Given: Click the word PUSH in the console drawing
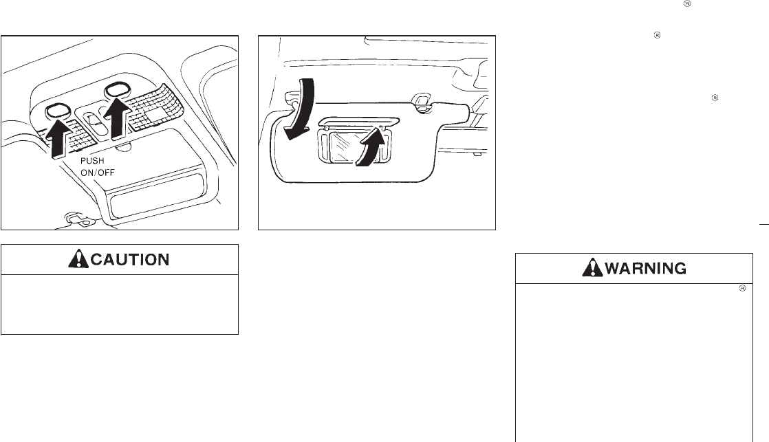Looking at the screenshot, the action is click(x=92, y=161).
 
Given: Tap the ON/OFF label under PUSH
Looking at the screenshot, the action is click(x=98, y=173).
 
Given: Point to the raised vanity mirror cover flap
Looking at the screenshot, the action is click(x=358, y=122).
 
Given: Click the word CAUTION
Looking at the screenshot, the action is click(x=130, y=259).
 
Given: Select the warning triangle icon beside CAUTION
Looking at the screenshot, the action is click(x=78, y=258).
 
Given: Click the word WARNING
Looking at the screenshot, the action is click(x=645, y=268).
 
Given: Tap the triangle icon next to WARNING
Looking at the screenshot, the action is click(x=592, y=267).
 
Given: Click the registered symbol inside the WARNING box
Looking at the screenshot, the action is click(x=742, y=288).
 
